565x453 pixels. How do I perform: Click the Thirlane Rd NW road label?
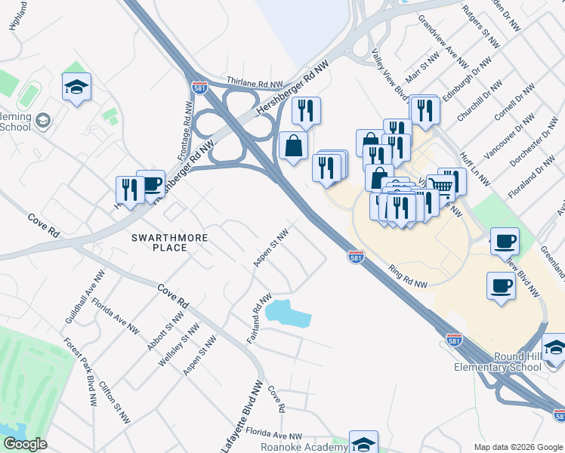tap(255, 82)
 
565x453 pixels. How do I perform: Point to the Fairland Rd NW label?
tap(258, 320)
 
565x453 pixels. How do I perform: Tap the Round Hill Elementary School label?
tap(526, 362)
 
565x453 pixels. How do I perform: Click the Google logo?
tap(25, 443)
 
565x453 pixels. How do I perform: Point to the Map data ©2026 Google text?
tap(517, 447)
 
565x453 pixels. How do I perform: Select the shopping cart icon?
tap(442, 185)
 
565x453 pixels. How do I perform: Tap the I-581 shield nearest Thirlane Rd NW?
tap(200, 88)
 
